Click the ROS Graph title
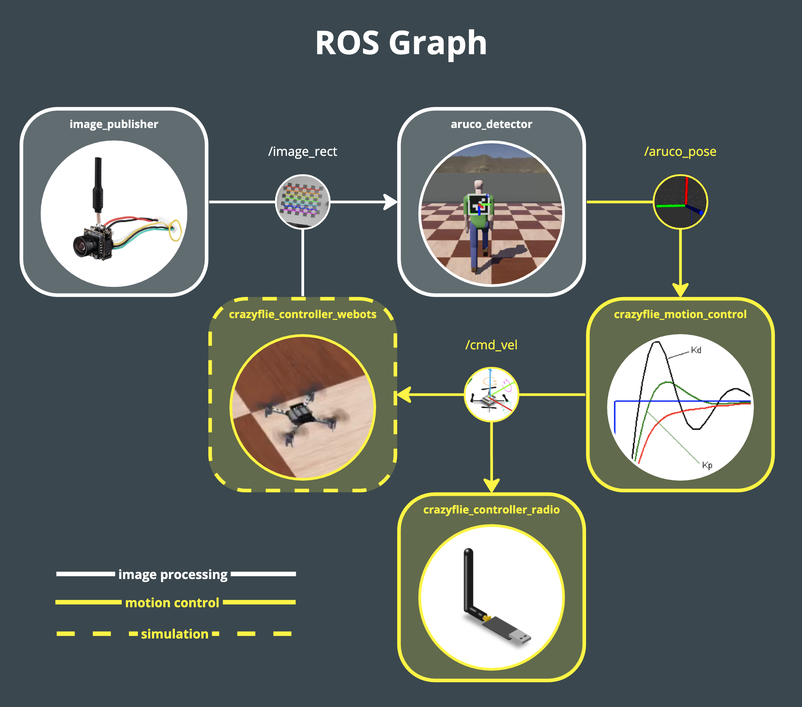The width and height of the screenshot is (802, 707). [401, 43]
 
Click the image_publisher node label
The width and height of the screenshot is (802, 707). [114, 124]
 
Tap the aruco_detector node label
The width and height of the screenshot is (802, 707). [491, 124]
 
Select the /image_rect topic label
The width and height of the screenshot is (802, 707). [303, 151]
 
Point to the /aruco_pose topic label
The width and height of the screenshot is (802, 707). [680, 151]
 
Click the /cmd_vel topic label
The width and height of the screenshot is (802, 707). [491, 345]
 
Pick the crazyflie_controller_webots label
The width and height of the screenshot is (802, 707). [303, 314]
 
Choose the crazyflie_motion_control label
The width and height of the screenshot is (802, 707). [680, 314]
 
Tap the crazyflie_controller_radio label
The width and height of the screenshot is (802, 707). [491, 509]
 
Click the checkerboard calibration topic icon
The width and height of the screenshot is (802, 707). [303, 202]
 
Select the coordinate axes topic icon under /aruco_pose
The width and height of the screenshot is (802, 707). [680, 202]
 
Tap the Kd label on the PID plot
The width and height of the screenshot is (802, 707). [696, 350]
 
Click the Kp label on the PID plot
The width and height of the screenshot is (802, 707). [707, 465]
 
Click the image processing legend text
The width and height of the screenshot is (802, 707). [173, 574]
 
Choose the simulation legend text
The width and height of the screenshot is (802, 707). [174, 634]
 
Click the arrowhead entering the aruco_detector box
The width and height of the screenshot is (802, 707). [390, 202]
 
